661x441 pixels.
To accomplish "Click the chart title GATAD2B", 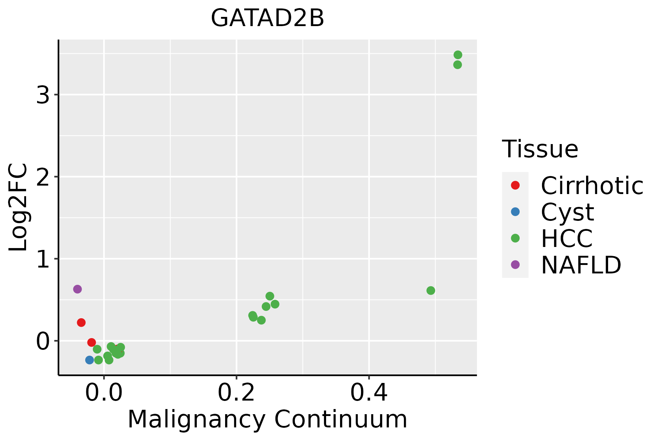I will pyautogui.click(x=267, y=18).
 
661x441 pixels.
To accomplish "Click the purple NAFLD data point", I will pyautogui.click(x=77, y=289).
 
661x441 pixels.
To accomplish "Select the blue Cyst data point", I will pyautogui.click(x=90, y=360).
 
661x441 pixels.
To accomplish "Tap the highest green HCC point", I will pyautogui.click(x=458, y=55).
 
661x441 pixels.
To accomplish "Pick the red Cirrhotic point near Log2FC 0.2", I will pyautogui.click(x=81, y=323).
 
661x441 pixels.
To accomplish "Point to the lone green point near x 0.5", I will pyautogui.click(x=431, y=291).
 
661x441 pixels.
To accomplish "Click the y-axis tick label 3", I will pyautogui.click(x=43, y=96).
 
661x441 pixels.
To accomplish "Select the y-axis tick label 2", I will pyautogui.click(x=43, y=177).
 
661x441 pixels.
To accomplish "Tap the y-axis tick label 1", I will pyautogui.click(x=43, y=259).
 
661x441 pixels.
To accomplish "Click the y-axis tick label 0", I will pyautogui.click(x=43, y=341).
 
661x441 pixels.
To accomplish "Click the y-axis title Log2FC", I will pyautogui.click(x=18, y=207).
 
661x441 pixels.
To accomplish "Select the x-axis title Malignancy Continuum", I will pyautogui.click(x=267, y=420).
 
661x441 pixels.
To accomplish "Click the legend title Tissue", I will pyautogui.click(x=540, y=149).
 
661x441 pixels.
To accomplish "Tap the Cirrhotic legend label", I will pyautogui.click(x=592, y=186).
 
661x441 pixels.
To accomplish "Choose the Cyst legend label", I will pyautogui.click(x=567, y=212).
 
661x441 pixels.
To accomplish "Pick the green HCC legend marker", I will pyautogui.click(x=515, y=238).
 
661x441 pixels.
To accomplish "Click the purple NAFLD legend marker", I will pyautogui.click(x=515, y=265).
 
